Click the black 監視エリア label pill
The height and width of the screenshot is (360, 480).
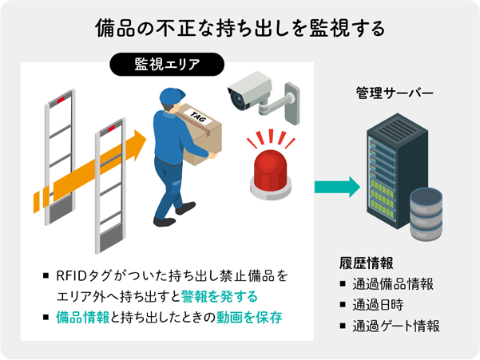[x=167, y=64]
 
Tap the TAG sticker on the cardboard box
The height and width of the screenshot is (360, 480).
[x=198, y=117]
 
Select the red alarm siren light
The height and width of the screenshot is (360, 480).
[x=271, y=174]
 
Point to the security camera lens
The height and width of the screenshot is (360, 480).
[x=236, y=98]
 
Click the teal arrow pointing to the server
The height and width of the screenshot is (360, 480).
[x=337, y=187]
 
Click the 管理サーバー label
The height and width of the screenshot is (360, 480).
[x=395, y=93]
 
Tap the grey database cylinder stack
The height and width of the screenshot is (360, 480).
[x=426, y=214]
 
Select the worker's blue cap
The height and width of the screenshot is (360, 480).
[x=172, y=96]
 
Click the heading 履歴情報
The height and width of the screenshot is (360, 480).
[x=366, y=263]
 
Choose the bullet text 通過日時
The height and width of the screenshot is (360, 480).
[x=378, y=305]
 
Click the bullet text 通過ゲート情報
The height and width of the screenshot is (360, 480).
[x=396, y=326]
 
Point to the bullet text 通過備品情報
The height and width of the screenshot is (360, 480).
[x=393, y=284]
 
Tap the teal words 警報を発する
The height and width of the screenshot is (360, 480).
[x=219, y=296]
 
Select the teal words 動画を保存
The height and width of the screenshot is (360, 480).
[x=249, y=318]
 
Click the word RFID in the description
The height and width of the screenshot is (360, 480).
[x=72, y=276]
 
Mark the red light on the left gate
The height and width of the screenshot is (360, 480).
[x=61, y=100]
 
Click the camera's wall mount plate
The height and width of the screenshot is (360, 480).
[x=292, y=104]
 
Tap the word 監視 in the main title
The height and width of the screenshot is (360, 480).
[x=328, y=29]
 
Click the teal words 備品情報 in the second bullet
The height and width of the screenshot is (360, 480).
[x=82, y=318]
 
